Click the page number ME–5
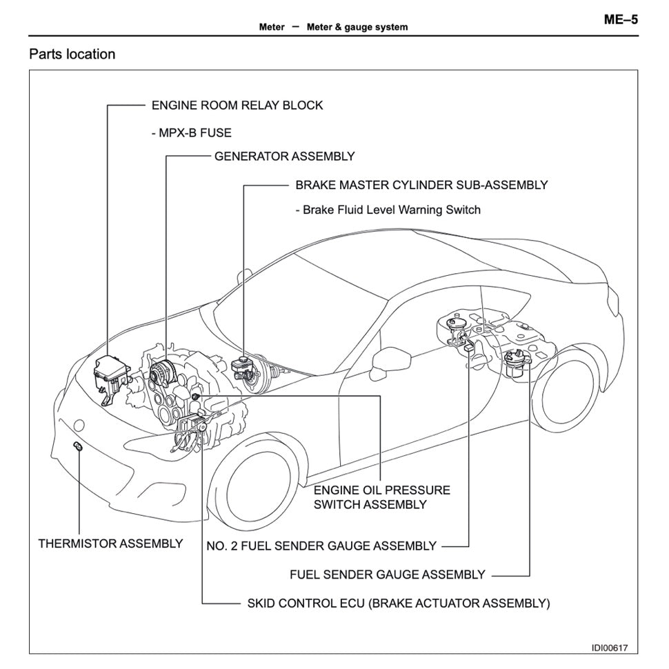(x=621, y=19)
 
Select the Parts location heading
(x=72, y=54)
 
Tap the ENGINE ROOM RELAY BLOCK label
(x=237, y=106)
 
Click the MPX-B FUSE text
(x=191, y=132)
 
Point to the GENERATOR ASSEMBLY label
(x=284, y=157)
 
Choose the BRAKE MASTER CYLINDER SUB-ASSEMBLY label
(x=421, y=185)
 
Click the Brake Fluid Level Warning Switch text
(x=387, y=210)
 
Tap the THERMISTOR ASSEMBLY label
(x=110, y=543)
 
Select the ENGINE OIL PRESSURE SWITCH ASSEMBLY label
(x=381, y=497)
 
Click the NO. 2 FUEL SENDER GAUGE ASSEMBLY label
(x=321, y=546)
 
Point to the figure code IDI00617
(x=609, y=648)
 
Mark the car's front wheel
(x=248, y=486)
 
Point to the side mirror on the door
(x=381, y=359)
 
